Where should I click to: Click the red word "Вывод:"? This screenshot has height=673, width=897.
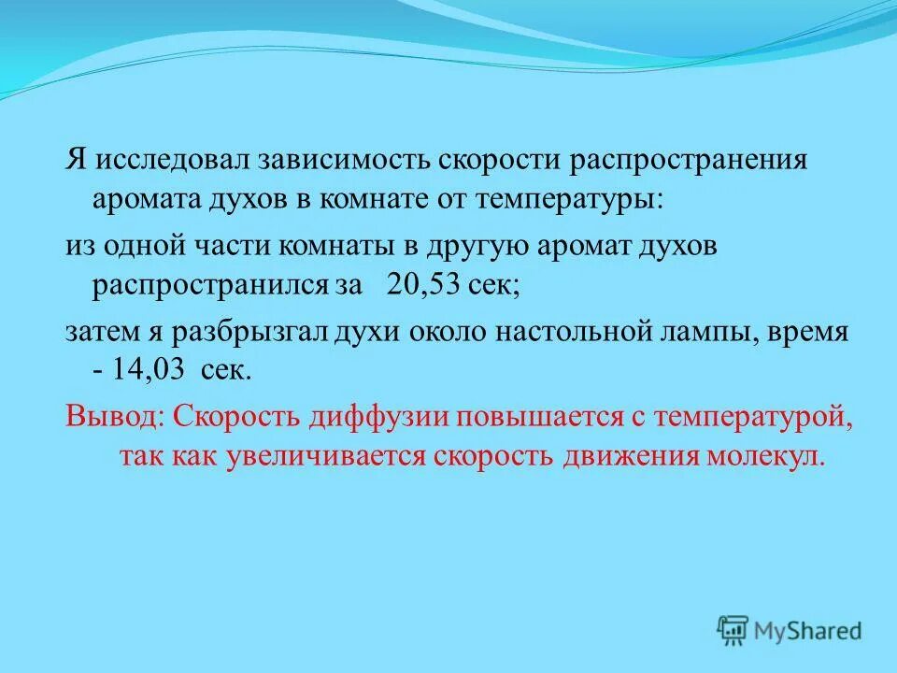pyautogui.click(x=113, y=415)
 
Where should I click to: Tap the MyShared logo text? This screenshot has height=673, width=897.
pyautogui.click(x=807, y=631)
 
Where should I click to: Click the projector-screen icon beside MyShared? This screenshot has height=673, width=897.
pyautogui.click(x=733, y=630)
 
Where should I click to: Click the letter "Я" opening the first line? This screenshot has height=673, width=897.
pyautogui.click(x=75, y=159)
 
